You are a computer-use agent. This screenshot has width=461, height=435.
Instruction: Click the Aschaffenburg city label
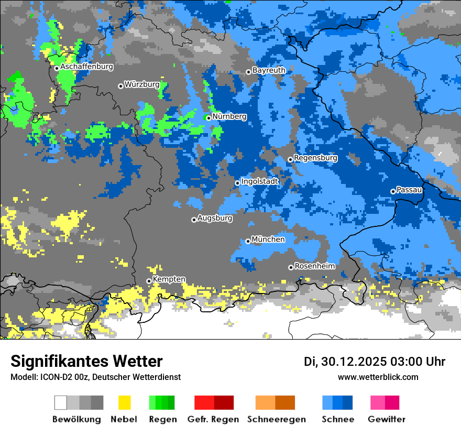86,67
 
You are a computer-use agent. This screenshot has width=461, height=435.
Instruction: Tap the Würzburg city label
142,84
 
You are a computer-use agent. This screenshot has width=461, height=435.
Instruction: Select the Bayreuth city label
269,70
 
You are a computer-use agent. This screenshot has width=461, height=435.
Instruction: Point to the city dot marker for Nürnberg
208,118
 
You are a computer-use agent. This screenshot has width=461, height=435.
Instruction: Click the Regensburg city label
315,158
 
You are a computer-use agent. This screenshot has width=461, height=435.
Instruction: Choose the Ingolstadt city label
260,181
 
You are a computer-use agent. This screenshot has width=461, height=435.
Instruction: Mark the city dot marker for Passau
393,191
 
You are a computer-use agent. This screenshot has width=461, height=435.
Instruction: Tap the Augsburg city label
215,218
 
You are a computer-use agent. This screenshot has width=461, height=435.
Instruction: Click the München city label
268,240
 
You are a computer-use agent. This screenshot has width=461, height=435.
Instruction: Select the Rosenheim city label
314,266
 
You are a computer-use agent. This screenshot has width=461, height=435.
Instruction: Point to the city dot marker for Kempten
149,281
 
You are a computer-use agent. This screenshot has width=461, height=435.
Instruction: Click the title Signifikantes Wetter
86,362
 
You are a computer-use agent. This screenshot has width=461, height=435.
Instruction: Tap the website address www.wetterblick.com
378,377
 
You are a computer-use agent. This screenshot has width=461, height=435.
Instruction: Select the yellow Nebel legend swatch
124,403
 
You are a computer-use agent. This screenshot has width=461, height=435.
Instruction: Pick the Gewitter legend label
387,419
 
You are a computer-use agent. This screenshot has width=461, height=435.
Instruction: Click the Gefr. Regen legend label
213,419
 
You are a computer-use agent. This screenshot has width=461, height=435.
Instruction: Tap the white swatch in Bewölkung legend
61,403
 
